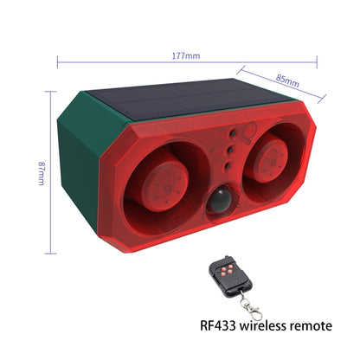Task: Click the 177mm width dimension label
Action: pos(186,55)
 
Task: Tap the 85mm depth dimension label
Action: pos(287,80)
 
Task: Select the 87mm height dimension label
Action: pos(42,173)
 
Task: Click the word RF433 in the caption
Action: pos(218,325)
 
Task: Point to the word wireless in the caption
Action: pos(263,325)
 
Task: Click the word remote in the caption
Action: pos(311,326)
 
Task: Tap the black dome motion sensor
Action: pos(221,200)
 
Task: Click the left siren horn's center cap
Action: pos(165,183)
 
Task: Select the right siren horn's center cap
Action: pos(272,157)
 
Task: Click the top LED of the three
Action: pos(233,133)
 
